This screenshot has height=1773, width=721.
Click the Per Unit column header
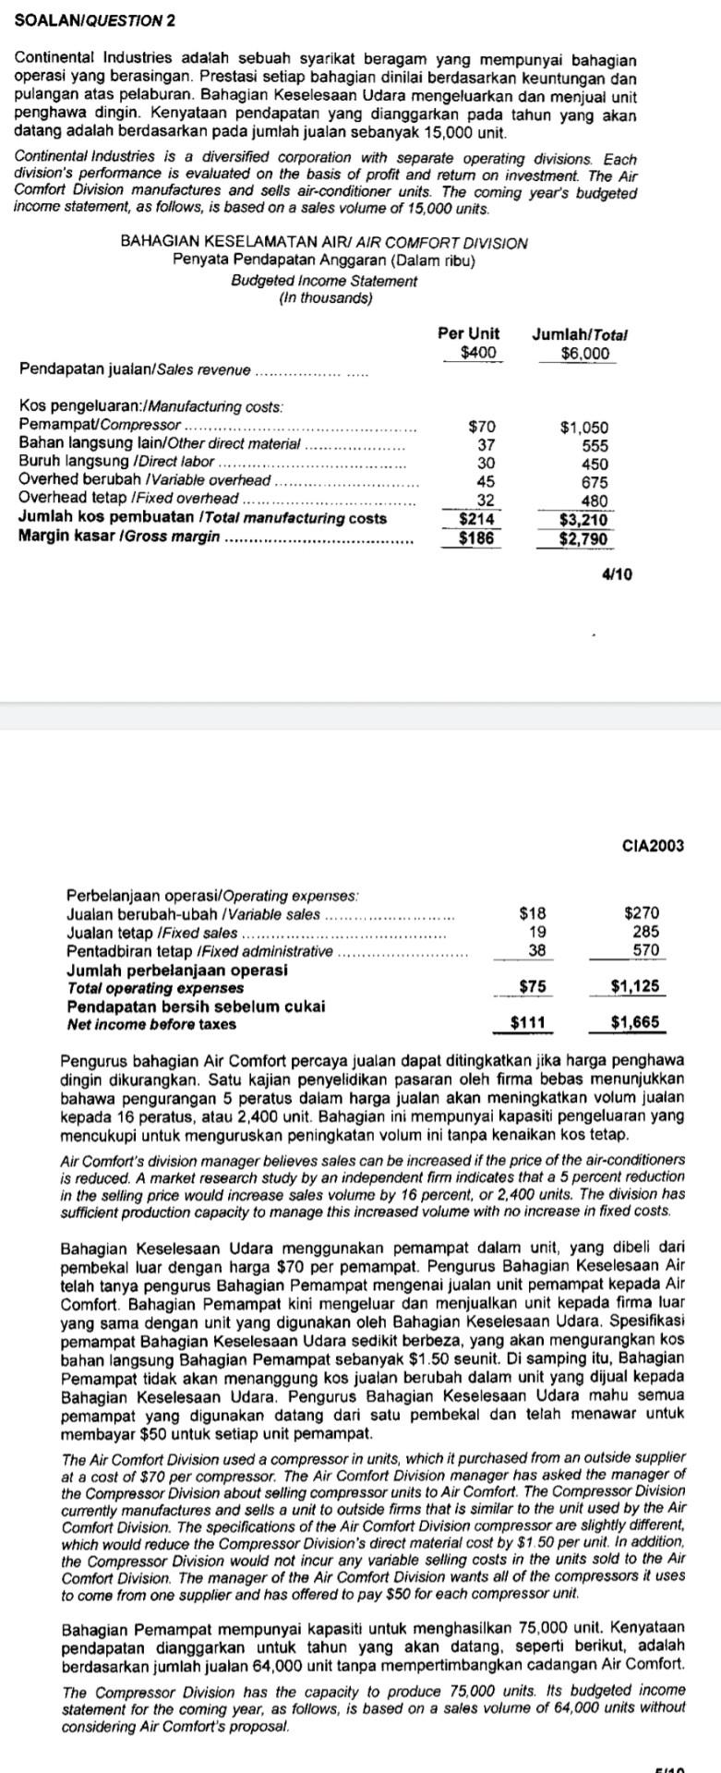coord(468,333)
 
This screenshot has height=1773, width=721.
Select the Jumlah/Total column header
coord(585,333)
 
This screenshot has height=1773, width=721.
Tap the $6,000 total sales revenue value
coord(585,353)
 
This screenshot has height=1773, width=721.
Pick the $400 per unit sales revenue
coord(478,353)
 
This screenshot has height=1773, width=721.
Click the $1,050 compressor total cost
coord(584,428)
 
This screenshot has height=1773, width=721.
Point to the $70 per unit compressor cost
coord(482,428)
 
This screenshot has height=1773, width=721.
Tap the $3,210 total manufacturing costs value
coord(583,518)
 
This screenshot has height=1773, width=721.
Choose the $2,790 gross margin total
coord(583,537)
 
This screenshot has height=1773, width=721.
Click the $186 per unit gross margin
coord(478,537)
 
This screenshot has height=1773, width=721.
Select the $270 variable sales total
coord(643,913)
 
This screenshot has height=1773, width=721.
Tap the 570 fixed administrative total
coord(646,949)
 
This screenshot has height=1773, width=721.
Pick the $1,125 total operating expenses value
coord(635,986)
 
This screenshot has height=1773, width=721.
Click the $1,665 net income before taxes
coord(635,1022)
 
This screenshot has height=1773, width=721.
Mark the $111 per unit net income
coord(530,1022)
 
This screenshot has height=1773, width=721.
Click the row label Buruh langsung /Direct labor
coord(116,463)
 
